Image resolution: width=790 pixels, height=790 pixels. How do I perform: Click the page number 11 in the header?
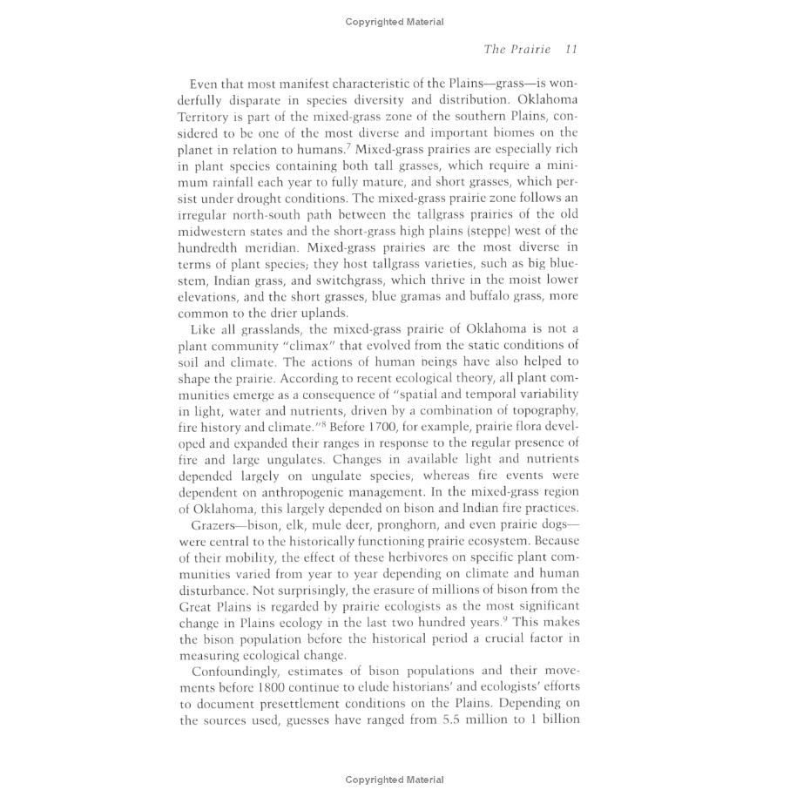(571, 50)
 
